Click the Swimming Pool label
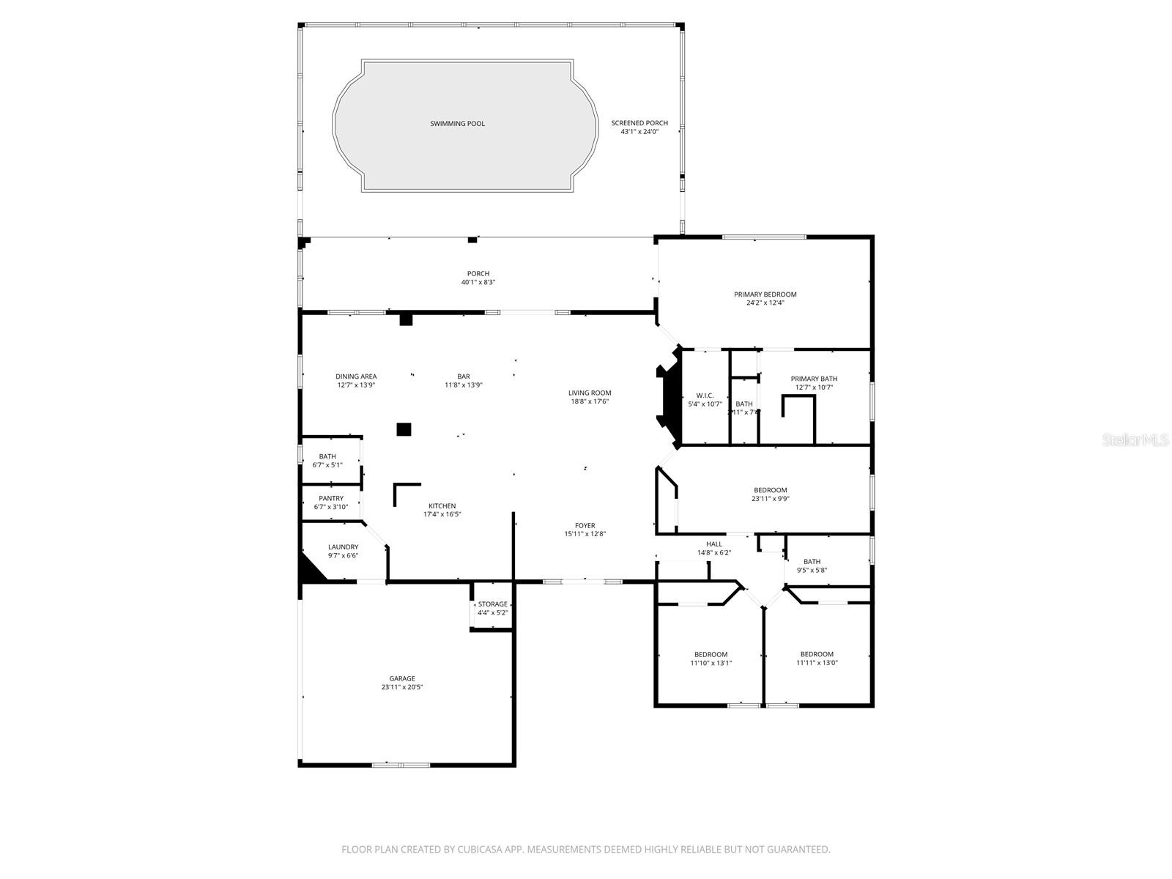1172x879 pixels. tap(457, 124)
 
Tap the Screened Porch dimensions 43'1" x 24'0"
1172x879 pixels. tap(639, 132)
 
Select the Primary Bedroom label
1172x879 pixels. tap(765, 294)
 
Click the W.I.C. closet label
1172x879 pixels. tap(705, 396)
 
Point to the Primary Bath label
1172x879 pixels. tap(814, 379)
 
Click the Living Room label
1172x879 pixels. tap(589, 393)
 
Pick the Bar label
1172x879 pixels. tap(463, 377)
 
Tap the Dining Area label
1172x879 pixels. tap(356, 377)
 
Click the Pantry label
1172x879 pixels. tap(331, 498)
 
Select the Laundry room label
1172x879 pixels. tap(343, 546)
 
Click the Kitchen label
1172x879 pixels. tap(442, 506)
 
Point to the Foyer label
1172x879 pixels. tap(585, 525)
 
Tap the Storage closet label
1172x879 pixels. tap(492, 604)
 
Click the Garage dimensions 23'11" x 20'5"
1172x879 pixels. tap(402, 687)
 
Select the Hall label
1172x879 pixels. tap(714, 544)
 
